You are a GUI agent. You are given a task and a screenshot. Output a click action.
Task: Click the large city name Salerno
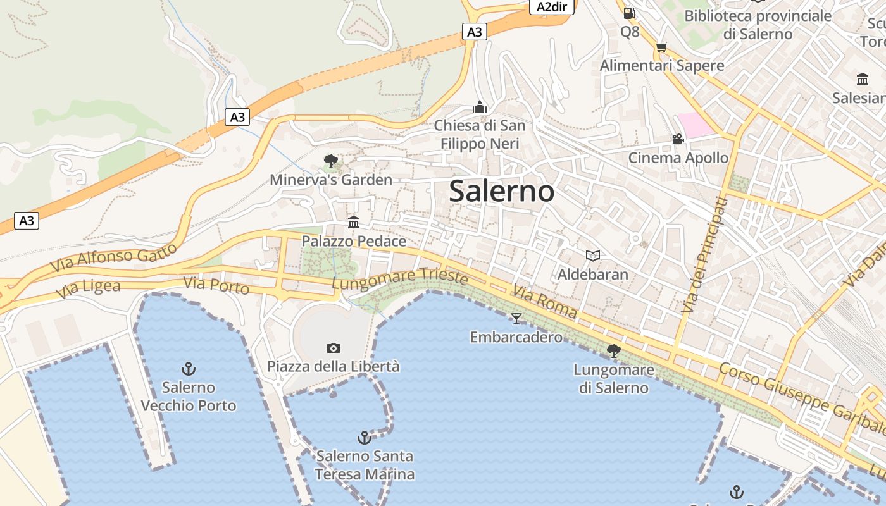pos(501,191)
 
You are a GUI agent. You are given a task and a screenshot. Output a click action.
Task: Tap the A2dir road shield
pos(552,7)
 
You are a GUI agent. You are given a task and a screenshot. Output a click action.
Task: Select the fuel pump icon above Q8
pos(629,13)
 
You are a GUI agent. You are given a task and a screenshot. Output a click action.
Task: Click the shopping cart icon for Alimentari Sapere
pos(662,47)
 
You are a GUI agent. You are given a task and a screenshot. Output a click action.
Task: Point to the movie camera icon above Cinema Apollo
pos(678,139)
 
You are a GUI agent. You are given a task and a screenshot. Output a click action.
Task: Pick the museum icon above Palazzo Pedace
pos(354,223)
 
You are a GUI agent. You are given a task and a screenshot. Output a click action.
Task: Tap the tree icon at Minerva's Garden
pos(330,161)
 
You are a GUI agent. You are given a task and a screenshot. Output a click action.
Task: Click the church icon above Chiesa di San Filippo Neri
pos(480,107)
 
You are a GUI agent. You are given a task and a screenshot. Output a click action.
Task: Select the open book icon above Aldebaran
pos(592,256)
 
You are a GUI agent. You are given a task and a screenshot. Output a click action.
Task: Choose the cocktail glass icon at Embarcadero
pos(516,318)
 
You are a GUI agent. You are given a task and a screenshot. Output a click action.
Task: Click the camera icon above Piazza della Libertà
pos(334,348)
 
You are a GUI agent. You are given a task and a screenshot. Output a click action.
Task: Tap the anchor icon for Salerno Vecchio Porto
pos(188,368)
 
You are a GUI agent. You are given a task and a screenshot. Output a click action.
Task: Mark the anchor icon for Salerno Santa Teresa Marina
pos(365,437)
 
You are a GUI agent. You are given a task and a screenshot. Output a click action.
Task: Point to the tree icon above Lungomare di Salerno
pos(613,350)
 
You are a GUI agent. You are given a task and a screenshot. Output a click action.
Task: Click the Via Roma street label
pos(545,302)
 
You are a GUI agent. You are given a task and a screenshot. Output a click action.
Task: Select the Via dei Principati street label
pos(704,254)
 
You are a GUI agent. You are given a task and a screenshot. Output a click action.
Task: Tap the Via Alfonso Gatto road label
pos(113,257)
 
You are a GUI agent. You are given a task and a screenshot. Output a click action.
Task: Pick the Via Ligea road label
pos(88,289)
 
